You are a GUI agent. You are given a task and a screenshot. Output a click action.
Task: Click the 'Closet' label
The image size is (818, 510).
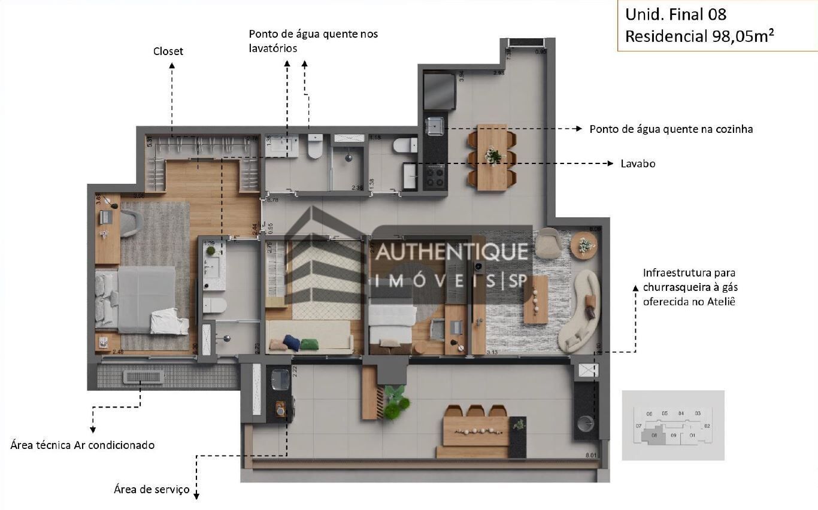click(x=168, y=51)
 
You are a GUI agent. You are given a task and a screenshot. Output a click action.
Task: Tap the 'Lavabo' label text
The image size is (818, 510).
click(x=638, y=163)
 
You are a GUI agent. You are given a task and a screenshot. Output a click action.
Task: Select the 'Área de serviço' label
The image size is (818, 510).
click(x=152, y=490)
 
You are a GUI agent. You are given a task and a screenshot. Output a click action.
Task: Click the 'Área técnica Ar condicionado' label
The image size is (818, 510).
click(x=83, y=445)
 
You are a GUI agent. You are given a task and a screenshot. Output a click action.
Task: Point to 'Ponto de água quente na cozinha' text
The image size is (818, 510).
click(x=671, y=129)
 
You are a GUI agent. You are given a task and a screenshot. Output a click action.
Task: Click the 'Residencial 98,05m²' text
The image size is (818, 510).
click(x=699, y=36)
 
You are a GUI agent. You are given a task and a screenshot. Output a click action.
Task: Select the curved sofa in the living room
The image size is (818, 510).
click(x=581, y=311)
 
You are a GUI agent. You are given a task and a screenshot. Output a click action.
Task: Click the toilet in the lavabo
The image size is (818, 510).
click(x=405, y=145)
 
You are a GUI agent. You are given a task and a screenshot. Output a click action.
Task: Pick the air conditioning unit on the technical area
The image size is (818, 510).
click(x=143, y=377)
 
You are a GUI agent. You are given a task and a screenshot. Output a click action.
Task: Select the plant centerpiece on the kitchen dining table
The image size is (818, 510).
click(x=493, y=156)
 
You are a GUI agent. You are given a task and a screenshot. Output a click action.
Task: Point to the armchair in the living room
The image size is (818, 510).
click(x=548, y=243)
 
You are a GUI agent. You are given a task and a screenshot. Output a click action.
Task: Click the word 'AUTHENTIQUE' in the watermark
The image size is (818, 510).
click(x=452, y=251)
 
